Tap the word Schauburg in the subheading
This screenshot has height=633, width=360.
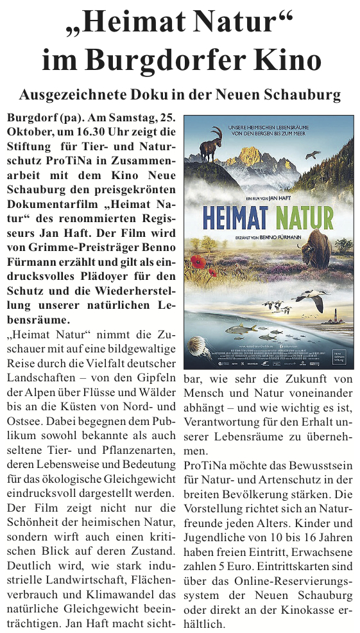click(x=302, y=96)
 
